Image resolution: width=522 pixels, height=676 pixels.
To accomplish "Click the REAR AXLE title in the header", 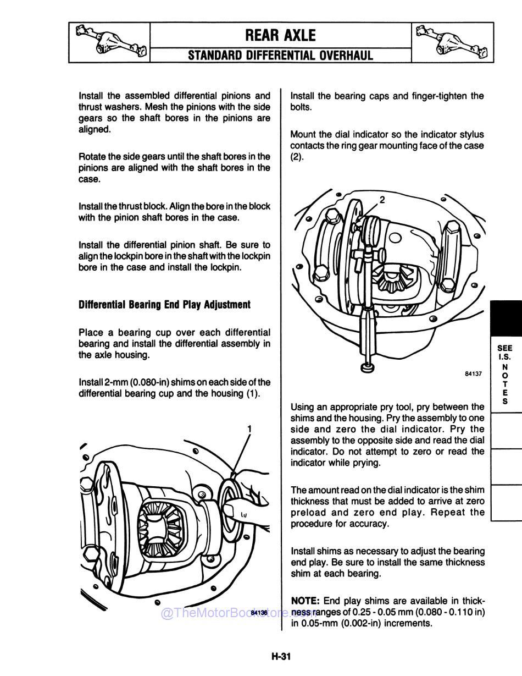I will pyautogui.click(x=280, y=36).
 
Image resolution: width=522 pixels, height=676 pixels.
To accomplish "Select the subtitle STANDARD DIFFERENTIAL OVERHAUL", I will pyautogui.click(x=280, y=55).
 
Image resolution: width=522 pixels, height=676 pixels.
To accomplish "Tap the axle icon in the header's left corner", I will pyautogui.click(x=109, y=42).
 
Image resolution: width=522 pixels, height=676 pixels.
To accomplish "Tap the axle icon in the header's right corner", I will pyautogui.click(x=452, y=42).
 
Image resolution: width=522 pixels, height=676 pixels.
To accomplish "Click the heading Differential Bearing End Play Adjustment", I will pyautogui.click(x=164, y=305).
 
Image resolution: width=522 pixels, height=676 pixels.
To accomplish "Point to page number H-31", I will pyautogui.click(x=280, y=656).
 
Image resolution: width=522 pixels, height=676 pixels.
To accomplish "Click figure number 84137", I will pyautogui.click(x=473, y=373).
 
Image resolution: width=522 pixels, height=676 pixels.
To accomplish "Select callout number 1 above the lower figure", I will pyautogui.click(x=249, y=428).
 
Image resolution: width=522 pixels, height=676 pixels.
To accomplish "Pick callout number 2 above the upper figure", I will pyautogui.click(x=382, y=199).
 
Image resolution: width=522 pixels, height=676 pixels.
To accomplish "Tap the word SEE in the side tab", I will pyautogui.click(x=504, y=348).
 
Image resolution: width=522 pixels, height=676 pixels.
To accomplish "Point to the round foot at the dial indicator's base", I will pyautogui.click(x=367, y=366).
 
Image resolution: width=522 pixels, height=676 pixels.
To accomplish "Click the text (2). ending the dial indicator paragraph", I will pyautogui.click(x=297, y=157).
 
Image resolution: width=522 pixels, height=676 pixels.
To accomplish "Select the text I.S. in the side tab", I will pyautogui.click(x=504, y=356).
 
